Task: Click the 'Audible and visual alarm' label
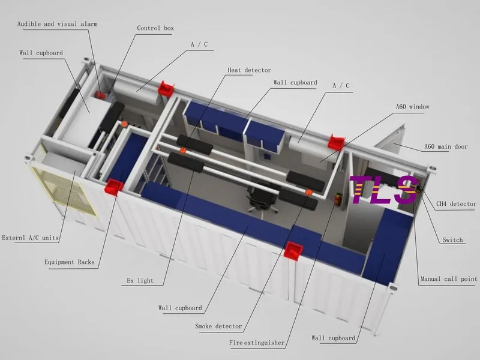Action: [57, 24]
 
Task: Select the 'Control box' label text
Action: [155, 28]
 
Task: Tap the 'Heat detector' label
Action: [249, 70]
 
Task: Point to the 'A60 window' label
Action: [412, 107]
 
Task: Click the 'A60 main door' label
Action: [446, 146]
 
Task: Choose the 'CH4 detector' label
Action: [456, 204]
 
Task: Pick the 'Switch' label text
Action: [452, 240]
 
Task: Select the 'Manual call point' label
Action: [448, 279]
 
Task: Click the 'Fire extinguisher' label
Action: [257, 343]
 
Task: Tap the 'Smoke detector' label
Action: [218, 326]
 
